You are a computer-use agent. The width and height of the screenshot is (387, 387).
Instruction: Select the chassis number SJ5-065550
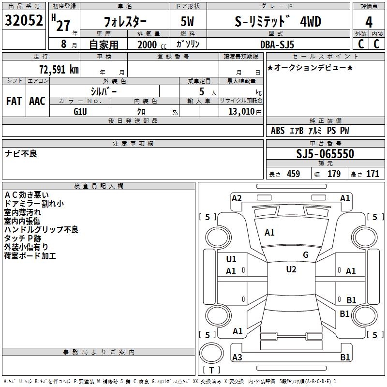pyautogui.click(x=325, y=154)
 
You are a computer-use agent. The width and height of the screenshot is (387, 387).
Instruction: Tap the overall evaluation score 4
pyautogui.click(x=369, y=22)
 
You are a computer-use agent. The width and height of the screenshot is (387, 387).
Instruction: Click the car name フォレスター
pyautogui.click(x=126, y=22)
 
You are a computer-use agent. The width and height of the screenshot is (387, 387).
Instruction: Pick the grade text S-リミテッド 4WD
pyautogui.click(x=277, y=22)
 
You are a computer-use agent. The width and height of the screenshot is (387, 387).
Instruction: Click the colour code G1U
pyautogui.click(x=80, y=111)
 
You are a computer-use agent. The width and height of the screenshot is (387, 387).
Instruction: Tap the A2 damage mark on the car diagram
pyautogui.click(x=237, y=198)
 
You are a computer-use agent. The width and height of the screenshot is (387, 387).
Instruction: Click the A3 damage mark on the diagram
pyautogui.click(x=237, y=357)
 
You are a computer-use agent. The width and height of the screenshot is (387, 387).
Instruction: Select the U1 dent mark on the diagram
pyautogui.click(x=231, y=259)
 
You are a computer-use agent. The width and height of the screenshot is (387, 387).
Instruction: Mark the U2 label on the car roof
pyautogui.click(x=291, y=269)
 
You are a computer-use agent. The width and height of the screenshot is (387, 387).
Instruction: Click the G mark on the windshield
pyautogui.click(x=305, y=255)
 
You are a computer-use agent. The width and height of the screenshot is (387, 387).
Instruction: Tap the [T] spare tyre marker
pyautogui.click(x=211, y=371)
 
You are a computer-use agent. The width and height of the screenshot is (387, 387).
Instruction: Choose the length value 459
pyautogui.click(x=293, y=174)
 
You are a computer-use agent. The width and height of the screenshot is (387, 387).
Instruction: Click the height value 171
pyautogui.click(x=372, y=174)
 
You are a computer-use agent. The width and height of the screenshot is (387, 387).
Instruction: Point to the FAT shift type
pyautogui.click(x=14, y=101)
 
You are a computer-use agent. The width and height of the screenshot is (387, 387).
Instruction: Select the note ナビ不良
pyautogui.click(x=21, y=154)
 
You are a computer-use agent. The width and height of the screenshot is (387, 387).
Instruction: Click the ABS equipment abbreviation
pyautogui.click(x=278, y=131)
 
